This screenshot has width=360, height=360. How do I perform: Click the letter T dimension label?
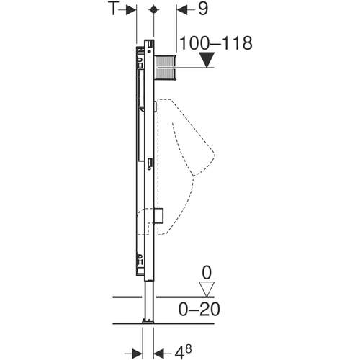click(112, 10)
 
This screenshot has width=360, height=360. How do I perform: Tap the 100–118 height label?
click(216, 43)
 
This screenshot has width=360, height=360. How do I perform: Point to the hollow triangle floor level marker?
click(207, 289)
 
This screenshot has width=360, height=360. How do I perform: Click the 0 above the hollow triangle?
click(207, 274)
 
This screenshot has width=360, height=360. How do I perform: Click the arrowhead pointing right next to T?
click(130, 10)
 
